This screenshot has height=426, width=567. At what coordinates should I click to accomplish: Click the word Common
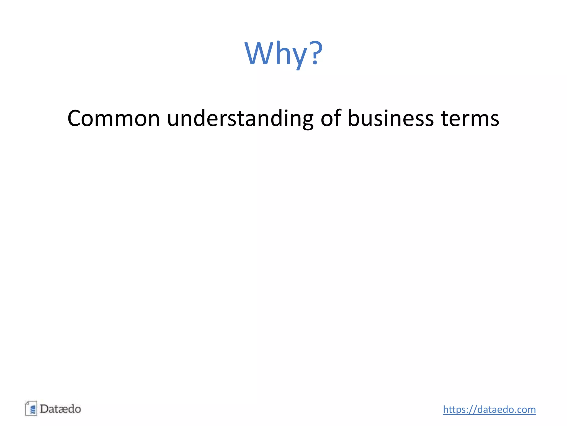[114, 118]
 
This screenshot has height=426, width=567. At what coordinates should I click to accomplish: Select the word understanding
[240, 118]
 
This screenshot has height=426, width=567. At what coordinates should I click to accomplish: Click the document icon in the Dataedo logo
[31, 408]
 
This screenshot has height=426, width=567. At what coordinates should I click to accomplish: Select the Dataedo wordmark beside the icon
[60, 409]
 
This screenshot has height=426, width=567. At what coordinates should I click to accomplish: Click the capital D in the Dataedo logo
[44, 409]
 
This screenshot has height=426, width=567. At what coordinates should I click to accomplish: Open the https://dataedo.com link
[489, 410]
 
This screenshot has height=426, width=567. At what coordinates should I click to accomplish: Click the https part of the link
[455, 410]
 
